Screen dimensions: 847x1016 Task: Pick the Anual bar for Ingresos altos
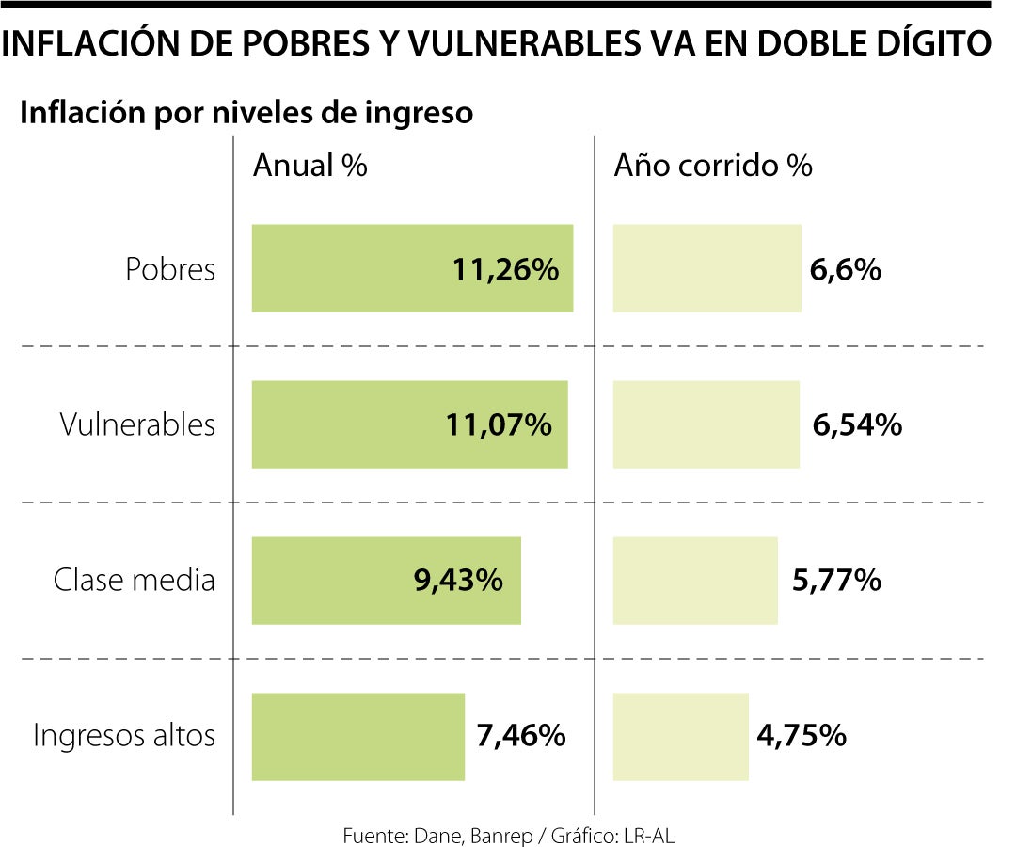point(358,737)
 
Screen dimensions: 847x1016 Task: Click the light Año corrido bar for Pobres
point(706,268)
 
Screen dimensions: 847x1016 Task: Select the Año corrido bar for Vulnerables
point(706,424)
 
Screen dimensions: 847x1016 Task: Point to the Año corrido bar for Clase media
point(695,581)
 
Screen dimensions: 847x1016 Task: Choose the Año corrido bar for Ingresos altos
point(680,737)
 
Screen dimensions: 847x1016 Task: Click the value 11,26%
point(505,270)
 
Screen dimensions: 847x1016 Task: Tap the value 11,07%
point(499,425)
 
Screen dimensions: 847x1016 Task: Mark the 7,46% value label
point(521,735)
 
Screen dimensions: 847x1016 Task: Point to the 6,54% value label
point(857,425)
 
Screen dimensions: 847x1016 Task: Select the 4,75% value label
point(802,735)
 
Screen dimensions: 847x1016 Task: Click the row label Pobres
point(170,270)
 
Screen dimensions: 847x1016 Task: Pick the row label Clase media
point(134,580)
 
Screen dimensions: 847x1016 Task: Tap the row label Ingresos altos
point(124,735)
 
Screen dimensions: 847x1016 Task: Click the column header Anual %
point(310,167)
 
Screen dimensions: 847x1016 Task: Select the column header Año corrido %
point(712,167)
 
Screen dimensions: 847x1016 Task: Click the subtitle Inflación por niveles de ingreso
point(246,113)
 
